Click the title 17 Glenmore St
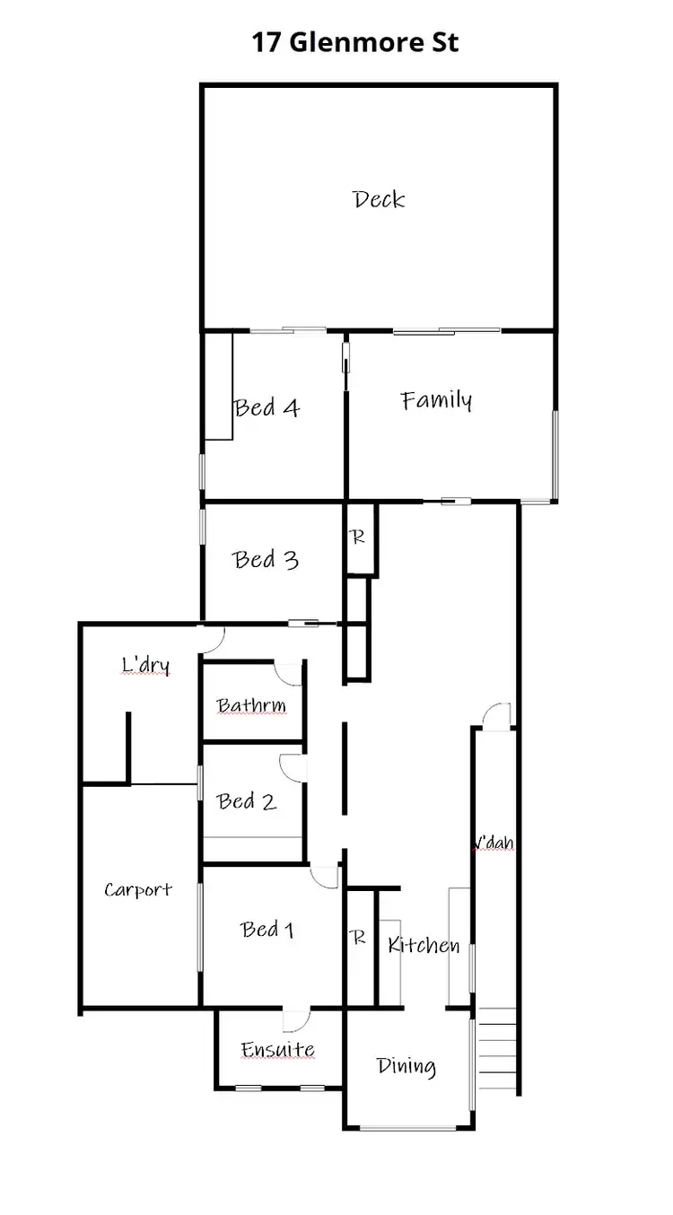click(355, 42)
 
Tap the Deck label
click(379, 198)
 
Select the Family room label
click(436, 400)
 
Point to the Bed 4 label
click(267, 408)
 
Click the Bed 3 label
click(266, 560)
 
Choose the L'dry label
click(145, 666)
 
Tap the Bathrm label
click(251, 706)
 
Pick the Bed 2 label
click(247, 801)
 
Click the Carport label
click(137, 890)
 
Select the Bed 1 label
click(267, 930)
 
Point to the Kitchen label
click(424, 945)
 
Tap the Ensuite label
click(277, 1050)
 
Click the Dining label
click(406, 1067)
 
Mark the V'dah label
click(494, 844)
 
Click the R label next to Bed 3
click(358, 538)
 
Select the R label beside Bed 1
click(358, 939)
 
